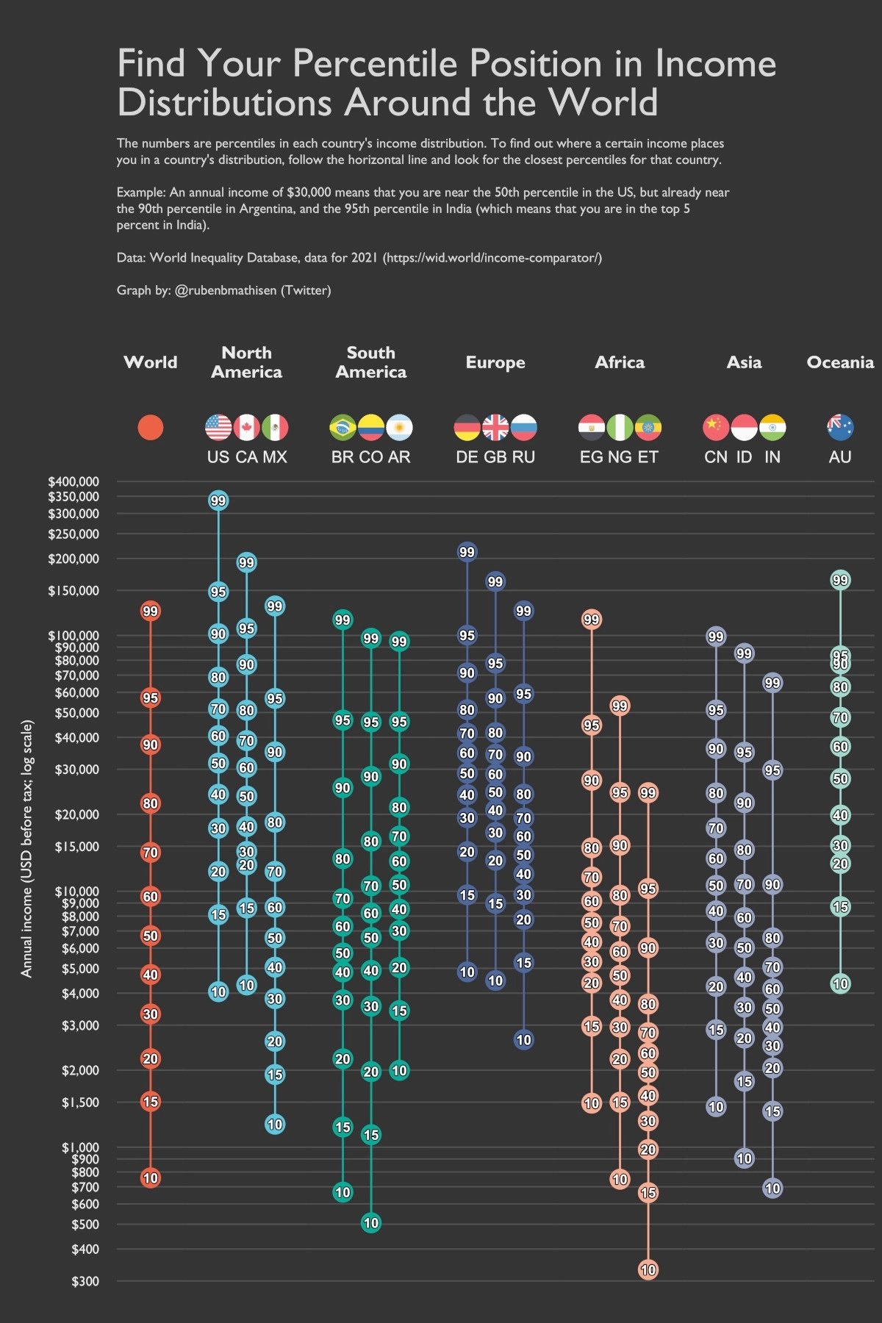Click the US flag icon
click(x=218, y=427)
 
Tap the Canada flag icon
click(x=247, y=427)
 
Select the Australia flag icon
click(x=840, y=427)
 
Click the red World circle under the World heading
click(x=151, y=427)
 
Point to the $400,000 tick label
click(x=73, y=481)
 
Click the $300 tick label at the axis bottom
click(x=85, y=1281)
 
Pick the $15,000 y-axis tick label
click(x=76, y=847)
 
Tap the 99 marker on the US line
click(x=218, y=501)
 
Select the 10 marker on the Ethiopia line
click(x=648, y=1269)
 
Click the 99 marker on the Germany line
click(x=467, y=552)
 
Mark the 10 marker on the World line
click(x=151, y=1178)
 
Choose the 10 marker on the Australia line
click(x=840, y=983)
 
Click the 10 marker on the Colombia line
click(x=371, y=1223)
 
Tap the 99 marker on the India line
click(x=772, y=683)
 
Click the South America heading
click(x=371, y=362)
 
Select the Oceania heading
click(x=840, y=362)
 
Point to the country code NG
click(x=620, y=457)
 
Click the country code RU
click(x=523, y=457)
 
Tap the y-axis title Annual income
click(x=27, y=849)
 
